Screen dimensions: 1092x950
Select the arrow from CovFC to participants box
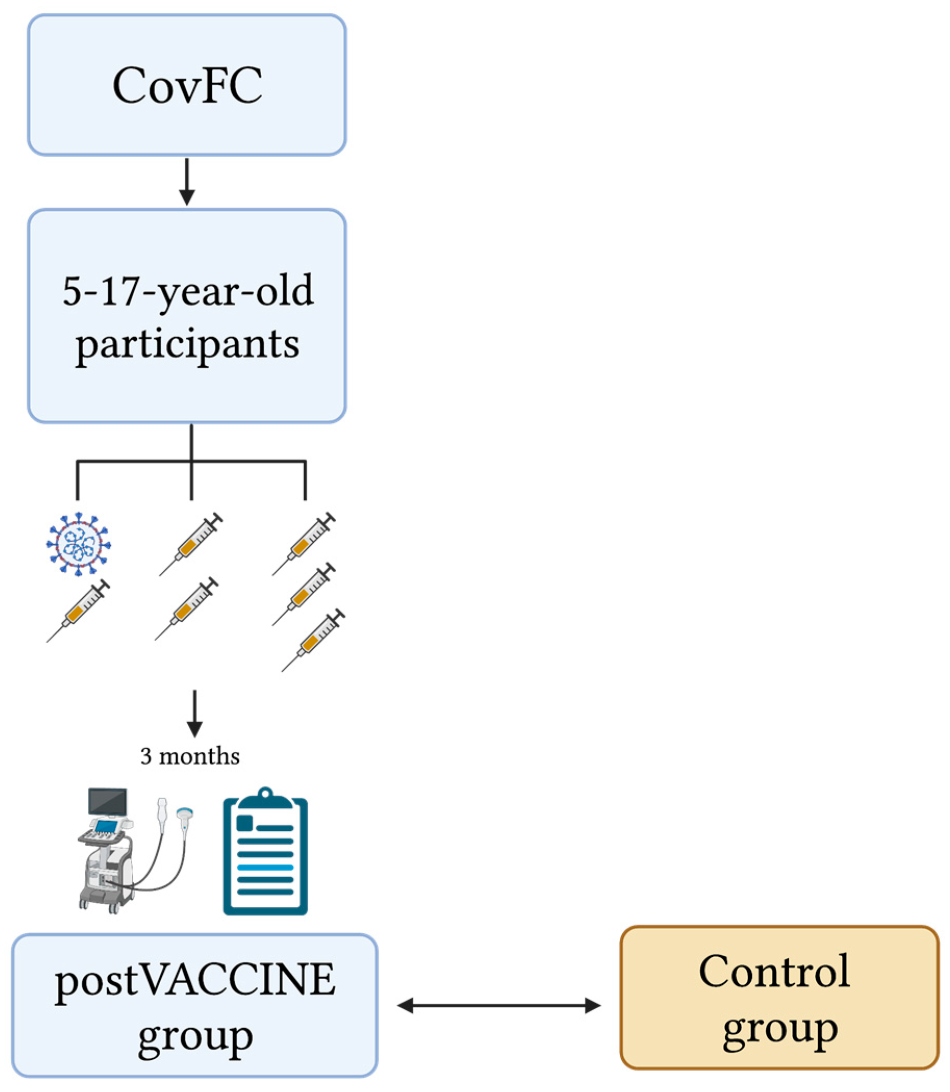click(x=187, y=182)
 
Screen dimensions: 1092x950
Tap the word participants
click(x=187, y=345)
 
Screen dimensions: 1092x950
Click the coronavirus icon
click(x=79, y=543)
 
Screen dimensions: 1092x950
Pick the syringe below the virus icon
click(x=79, y=610)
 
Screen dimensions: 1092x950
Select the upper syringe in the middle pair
click(x=191, y=544)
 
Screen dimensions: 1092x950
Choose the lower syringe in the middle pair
click(x=187, y=609)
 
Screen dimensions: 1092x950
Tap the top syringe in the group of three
click(x=304, y=544)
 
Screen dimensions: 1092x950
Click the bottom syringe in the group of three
click(x=313, y=640)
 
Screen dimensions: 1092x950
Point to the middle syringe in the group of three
click(x=304, y=594)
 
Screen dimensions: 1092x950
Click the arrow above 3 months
click(x=195, y=713)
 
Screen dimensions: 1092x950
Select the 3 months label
click(x=190, y=756)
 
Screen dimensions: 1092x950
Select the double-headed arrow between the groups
click(x=498, y=1005)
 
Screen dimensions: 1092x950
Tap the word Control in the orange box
click(x=775, y=971)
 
